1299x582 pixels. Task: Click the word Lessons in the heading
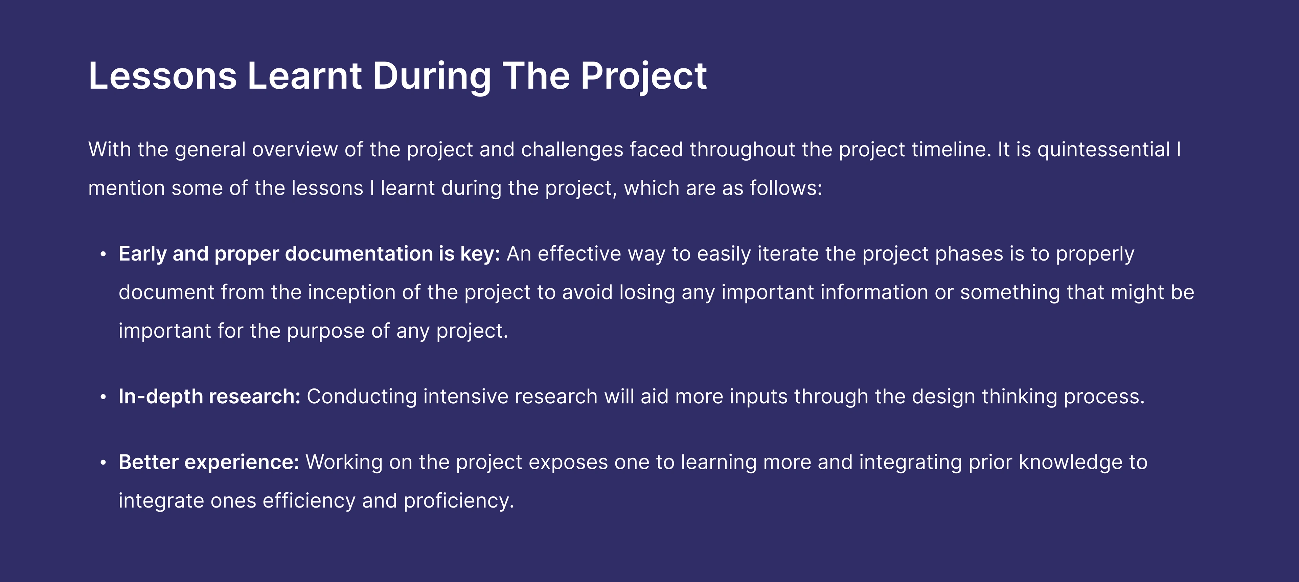162,76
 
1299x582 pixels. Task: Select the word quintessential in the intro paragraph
1103,150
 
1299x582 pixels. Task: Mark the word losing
647,292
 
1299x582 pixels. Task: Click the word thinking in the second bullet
1019,397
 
